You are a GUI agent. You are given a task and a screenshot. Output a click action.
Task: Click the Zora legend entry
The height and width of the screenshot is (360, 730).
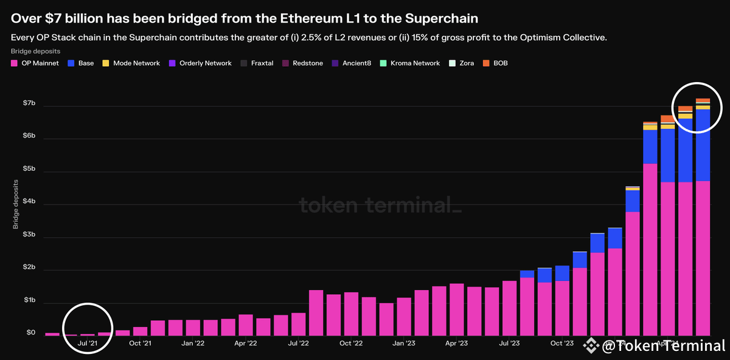[462, 63]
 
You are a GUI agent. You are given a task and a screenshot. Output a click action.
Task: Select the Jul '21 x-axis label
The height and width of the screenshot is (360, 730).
[88, 344]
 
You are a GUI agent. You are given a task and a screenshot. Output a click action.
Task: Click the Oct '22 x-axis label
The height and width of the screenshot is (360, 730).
[350, 344]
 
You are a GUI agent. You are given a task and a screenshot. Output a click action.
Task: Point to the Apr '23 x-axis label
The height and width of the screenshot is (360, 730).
[456, 344]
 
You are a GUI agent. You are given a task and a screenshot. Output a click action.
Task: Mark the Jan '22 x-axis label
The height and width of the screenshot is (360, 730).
[193, 344]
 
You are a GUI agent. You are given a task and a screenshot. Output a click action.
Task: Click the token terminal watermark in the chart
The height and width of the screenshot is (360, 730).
[380, 206]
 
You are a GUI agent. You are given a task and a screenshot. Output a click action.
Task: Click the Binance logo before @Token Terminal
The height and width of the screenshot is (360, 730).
[590, 346]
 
